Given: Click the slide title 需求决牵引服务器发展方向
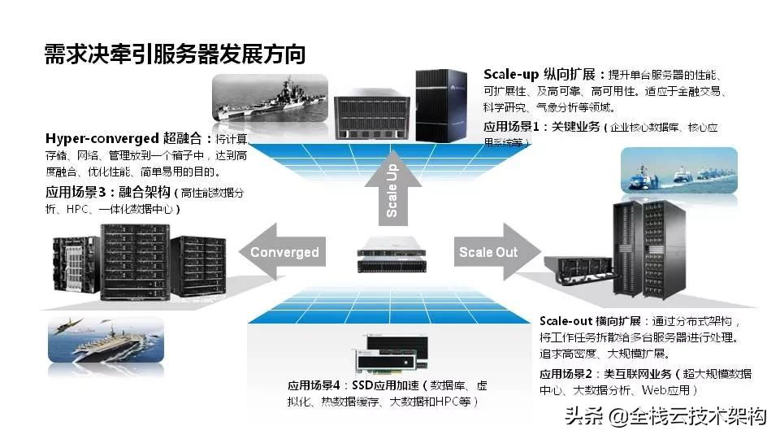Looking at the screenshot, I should (x=175, y=54).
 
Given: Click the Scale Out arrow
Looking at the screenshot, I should (x=493, y=252).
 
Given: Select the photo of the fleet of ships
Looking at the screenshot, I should (x=678, y=172).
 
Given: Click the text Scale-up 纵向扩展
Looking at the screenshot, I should (x=536, y=73).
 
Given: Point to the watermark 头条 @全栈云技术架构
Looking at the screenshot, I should (x=665, y=417).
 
